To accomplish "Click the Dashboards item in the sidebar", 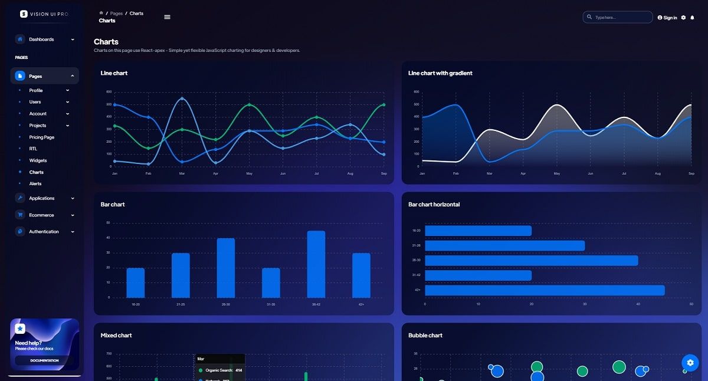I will (41, 40).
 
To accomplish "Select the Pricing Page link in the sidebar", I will (41, 137).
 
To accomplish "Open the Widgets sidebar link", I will (38, 160).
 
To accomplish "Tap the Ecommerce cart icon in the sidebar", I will (20, 215).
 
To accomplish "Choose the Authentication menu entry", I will (44, 232).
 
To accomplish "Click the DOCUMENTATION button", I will (45, 360).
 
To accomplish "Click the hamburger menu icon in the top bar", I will (167, 17).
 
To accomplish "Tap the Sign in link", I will (667, 18).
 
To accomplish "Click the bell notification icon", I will (692, 18).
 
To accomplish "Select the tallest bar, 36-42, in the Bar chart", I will (316, 264).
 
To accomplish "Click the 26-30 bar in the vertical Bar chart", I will (226, 268).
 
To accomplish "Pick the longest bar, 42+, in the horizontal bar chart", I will (545, 290).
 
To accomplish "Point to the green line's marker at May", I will (249, 105).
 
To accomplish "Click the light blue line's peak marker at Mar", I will (182, 98).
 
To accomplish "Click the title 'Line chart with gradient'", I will (440, 73).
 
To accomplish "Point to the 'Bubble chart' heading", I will (425, 336).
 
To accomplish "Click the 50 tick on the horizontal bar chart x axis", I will (691, 304).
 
